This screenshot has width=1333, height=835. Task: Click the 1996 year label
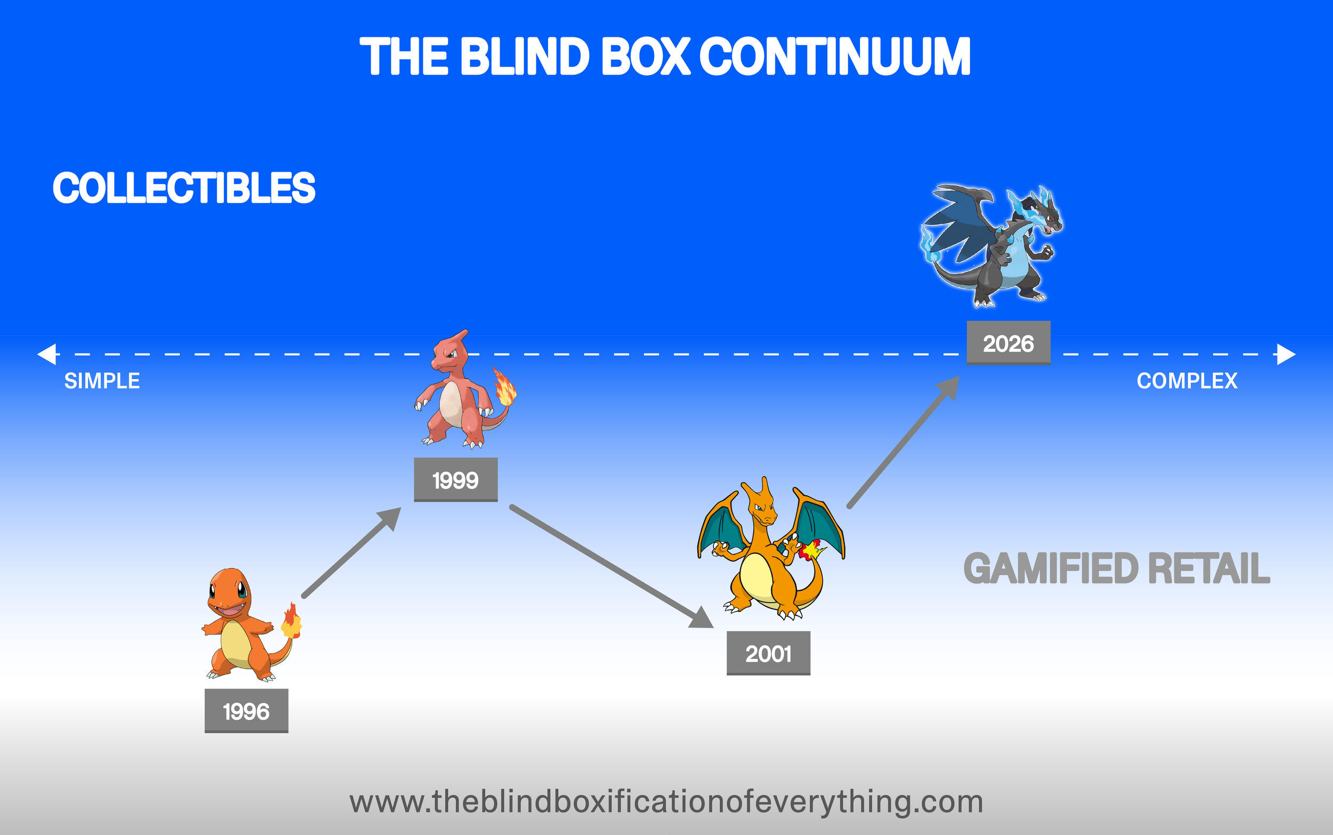coord(246,711)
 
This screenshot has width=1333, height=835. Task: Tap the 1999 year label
coord(455,480)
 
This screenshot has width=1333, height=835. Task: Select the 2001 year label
coord(768,653)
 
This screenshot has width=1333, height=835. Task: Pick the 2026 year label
coord(1008,343)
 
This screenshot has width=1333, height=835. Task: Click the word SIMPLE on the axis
coord(102,381)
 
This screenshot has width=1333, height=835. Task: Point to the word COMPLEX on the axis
coord(1187,381)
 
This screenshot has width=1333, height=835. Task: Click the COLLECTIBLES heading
coord(184,188)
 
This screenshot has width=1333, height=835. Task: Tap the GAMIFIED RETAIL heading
coord(1117,568)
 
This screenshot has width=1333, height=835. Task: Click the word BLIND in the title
coord(525,57)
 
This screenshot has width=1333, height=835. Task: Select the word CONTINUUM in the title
coord(835,57)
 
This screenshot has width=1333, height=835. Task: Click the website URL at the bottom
coord(666,802)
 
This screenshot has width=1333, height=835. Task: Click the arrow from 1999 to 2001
coord(610,566)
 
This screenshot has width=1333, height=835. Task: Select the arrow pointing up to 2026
coord(903,442)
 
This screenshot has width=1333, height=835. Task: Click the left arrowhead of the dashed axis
coord(47,354)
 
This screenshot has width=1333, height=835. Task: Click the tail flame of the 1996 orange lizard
coord(292,621)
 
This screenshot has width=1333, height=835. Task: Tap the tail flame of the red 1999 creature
coord(504,387)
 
